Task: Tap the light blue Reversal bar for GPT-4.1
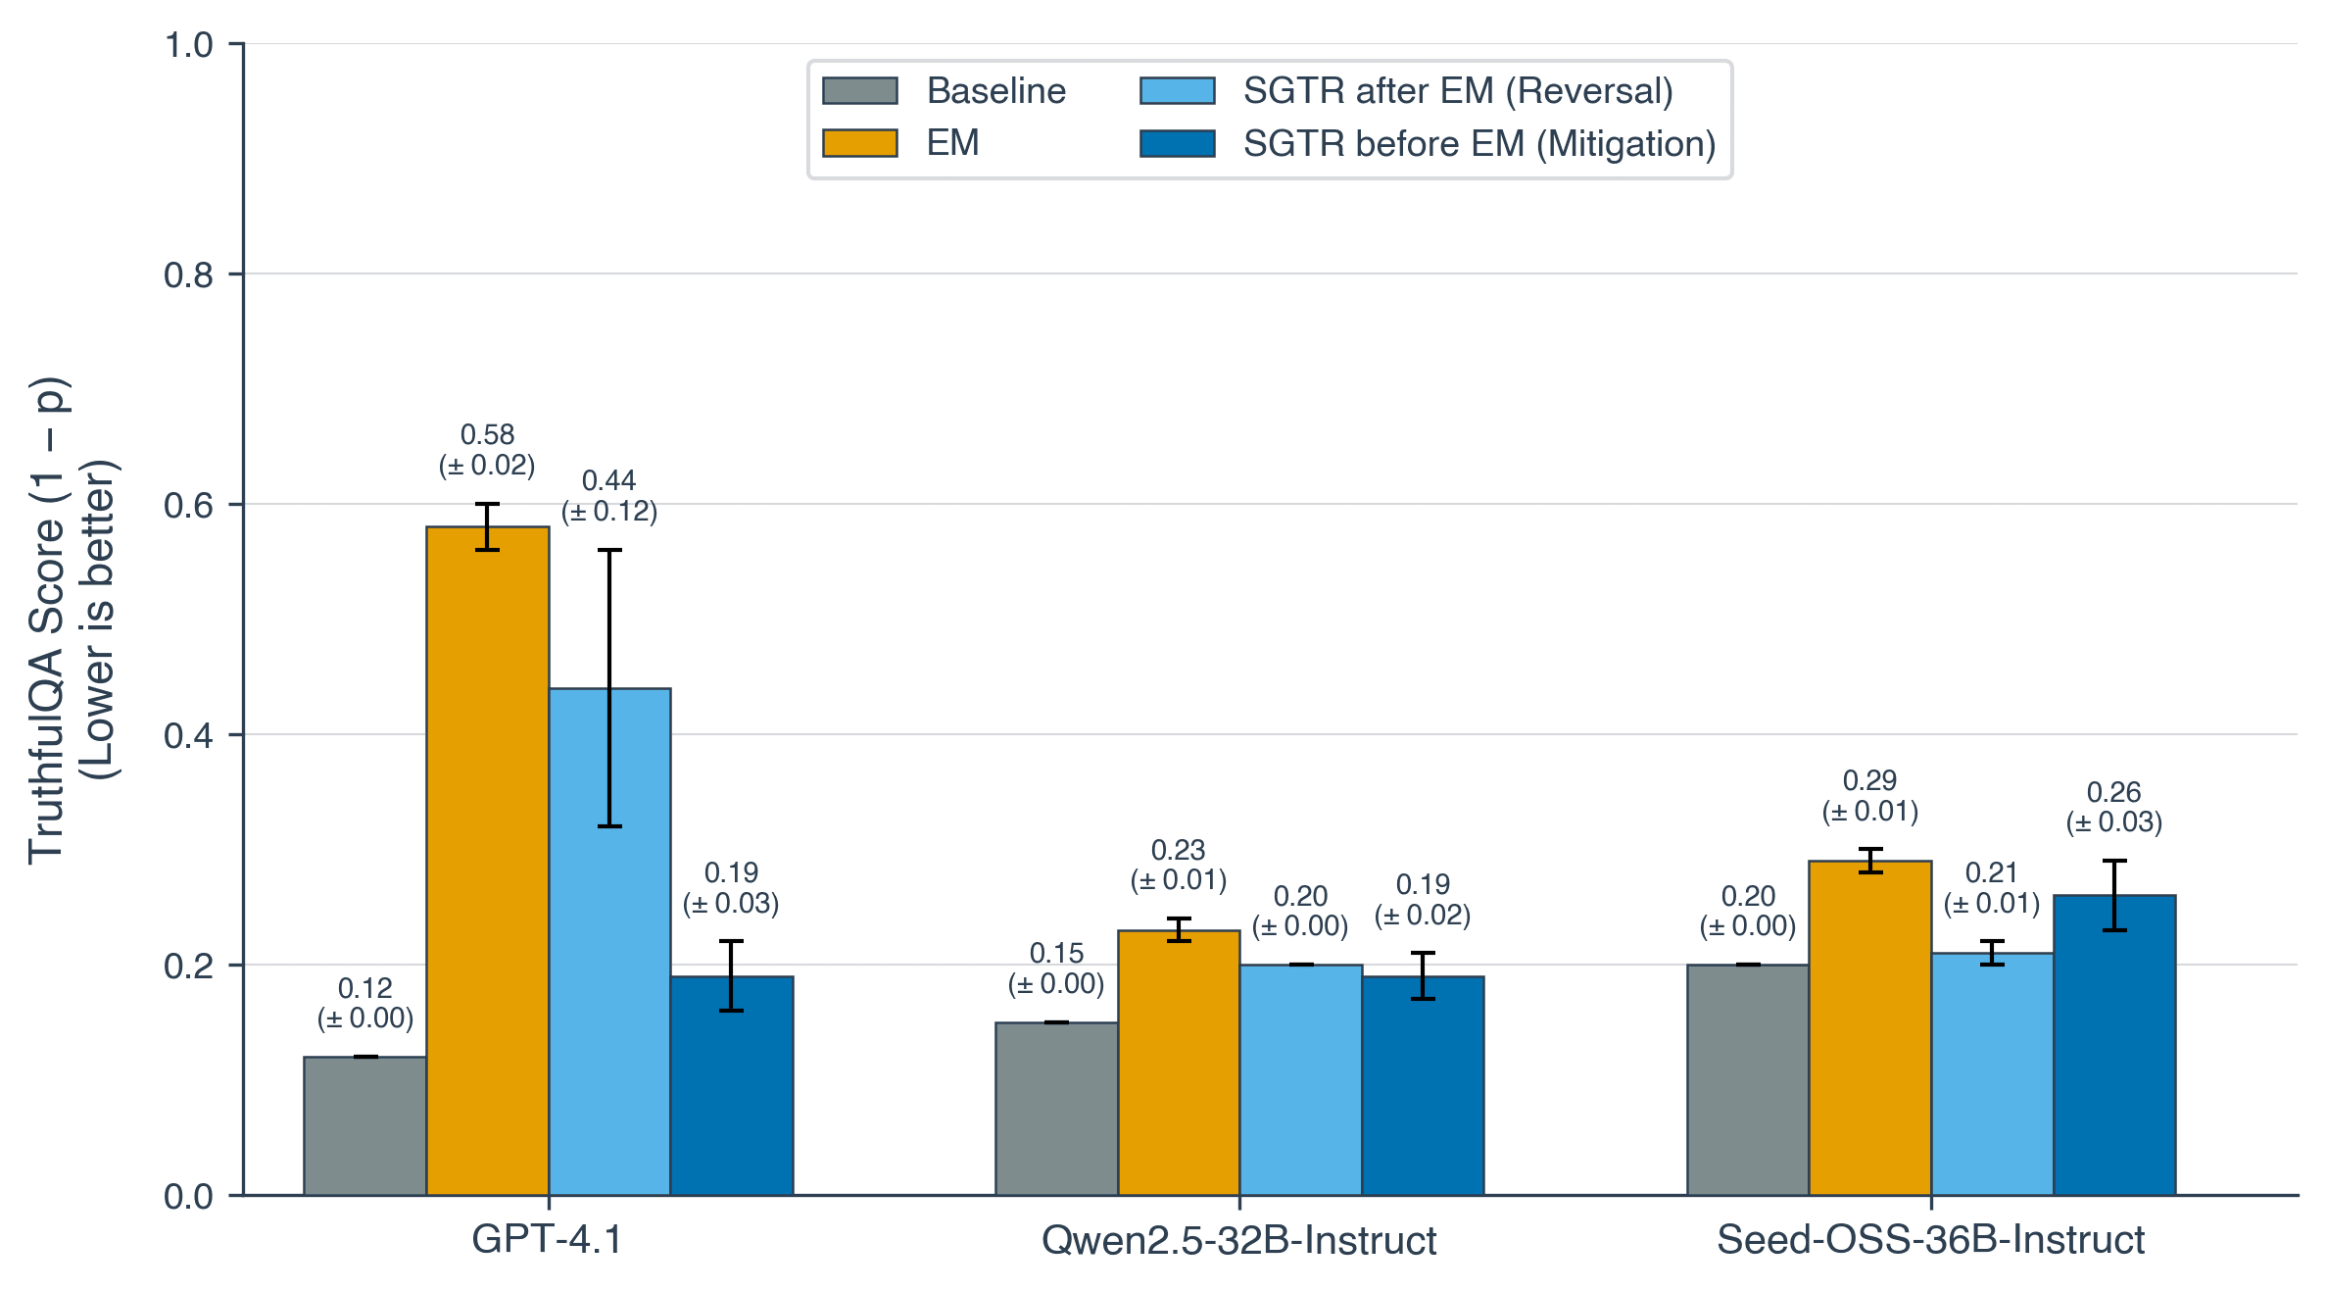[x=609, y=941]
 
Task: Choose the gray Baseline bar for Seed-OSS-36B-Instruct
[x=1748, y=1079]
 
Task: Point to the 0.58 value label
[x=487, y=434]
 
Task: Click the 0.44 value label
[x=608, y=480]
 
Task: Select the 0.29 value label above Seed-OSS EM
[x=1869, y=780]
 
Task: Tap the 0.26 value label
[x=2113, y=792]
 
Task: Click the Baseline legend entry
[x=995, y=91]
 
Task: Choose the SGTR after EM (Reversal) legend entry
[x=1458, y=91]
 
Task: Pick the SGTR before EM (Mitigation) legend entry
[x=1479, y=144]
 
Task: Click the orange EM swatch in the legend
[x=859, y=143]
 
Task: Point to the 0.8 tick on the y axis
[x=189, y=275]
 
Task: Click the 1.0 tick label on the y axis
[x=189, y=45]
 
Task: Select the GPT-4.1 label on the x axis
[x=547, y=1240]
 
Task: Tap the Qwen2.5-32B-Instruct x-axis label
[x=1238, y=1241]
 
